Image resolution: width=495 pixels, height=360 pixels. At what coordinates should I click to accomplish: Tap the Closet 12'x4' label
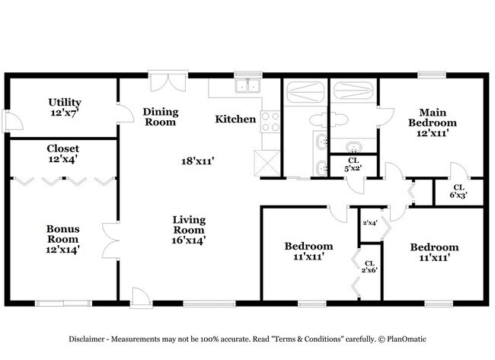click(x=62, y=154)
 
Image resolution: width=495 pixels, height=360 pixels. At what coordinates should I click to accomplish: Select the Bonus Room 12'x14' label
click(x=63, y=238)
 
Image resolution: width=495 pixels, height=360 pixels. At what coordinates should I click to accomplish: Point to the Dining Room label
click(x=160, y=116)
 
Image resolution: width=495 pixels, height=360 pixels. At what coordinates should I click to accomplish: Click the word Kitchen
click(x=235, y=119)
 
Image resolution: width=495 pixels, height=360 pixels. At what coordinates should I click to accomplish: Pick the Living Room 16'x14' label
click(x=188, y=230)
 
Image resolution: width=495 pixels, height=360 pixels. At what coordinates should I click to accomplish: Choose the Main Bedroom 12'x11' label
click(x=432, y=122)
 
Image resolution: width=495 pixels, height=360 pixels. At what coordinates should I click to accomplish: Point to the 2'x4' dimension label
click(x=370, y=223)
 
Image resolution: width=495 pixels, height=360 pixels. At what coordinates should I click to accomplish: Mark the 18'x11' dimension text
click(x=196, y=161)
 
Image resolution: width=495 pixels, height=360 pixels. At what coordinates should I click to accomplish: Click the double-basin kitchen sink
click(x=245, y=86)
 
